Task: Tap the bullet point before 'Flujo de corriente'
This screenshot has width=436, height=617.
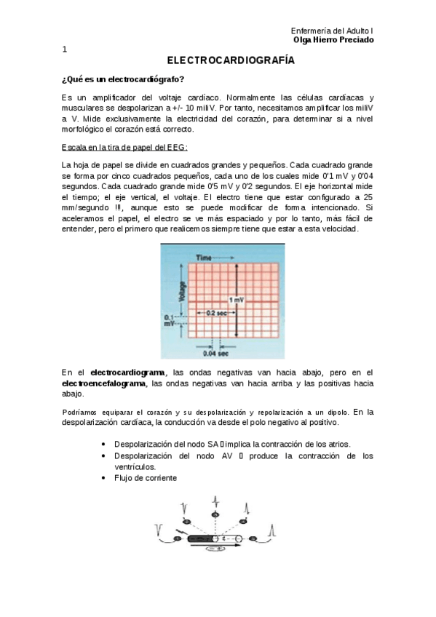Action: (x=105, y=478)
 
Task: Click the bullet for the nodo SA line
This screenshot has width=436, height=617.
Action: (x=105, y=444)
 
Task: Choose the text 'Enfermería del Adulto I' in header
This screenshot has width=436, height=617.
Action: (x=332, y=31)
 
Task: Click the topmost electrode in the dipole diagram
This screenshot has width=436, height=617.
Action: (x=215, y=515)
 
